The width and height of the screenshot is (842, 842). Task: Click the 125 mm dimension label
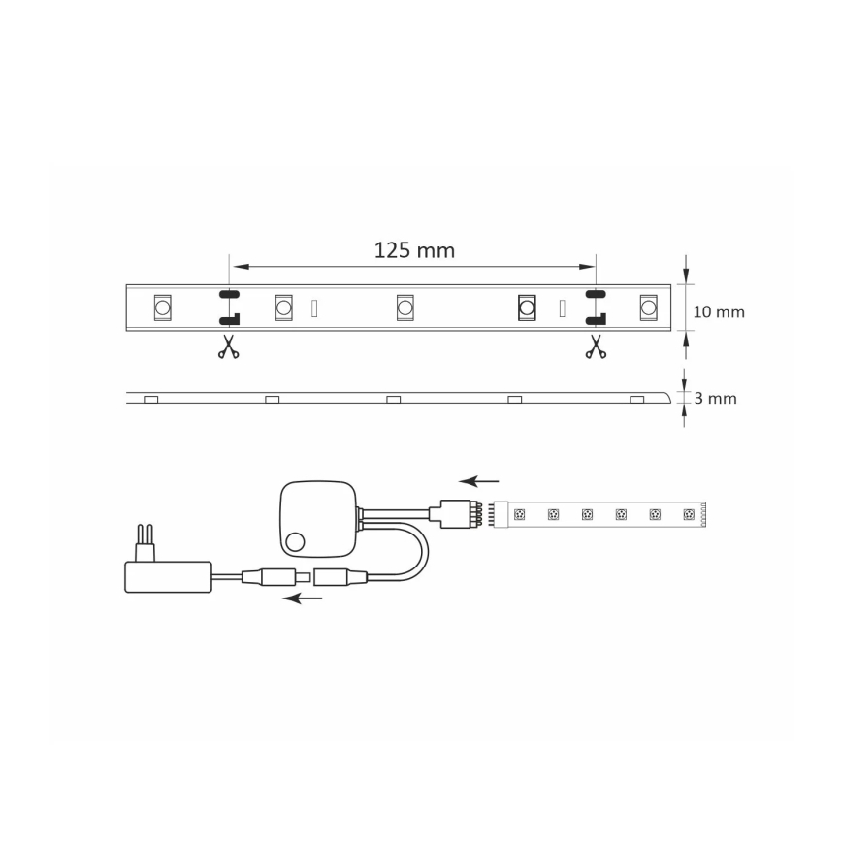tap(414, 250)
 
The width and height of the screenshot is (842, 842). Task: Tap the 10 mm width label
tap(719, 311)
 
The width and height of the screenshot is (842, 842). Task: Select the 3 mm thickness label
tap(716, 398)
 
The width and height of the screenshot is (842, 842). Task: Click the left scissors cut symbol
tap(228, 346)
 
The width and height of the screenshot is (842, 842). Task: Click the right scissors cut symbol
tap(595, 346)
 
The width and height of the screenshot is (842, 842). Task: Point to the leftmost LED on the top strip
tap(162, 308)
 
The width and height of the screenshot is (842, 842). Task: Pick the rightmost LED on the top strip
tap(647, 308)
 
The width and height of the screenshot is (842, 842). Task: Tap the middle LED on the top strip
tap(405, 308)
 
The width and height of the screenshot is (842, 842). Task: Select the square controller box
tap(318, 520)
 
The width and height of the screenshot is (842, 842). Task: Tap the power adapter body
tap(168, 576)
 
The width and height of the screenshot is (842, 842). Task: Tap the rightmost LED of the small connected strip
tap(689, 513)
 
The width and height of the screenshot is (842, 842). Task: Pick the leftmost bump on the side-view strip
tap(150, 399)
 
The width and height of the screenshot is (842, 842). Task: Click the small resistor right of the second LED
tap(313, 308)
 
